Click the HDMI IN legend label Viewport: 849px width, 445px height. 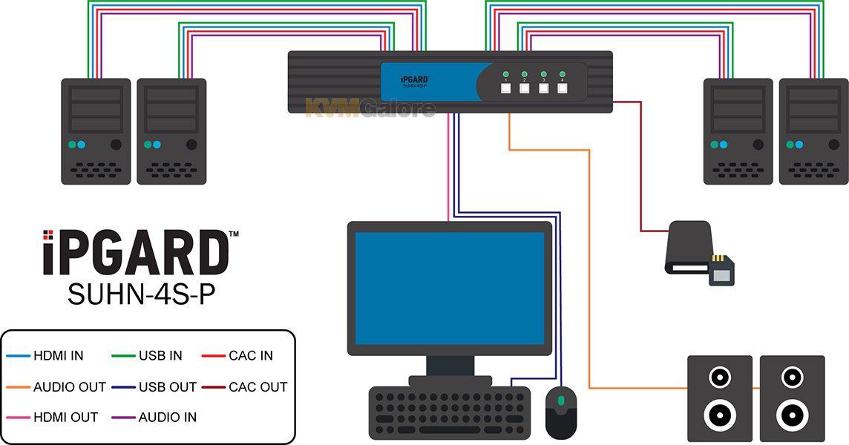click(59, 356)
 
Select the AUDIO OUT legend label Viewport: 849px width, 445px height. click(69, 387)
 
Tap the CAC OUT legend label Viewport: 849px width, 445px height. click(258, 387)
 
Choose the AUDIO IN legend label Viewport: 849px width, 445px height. click(167, 418)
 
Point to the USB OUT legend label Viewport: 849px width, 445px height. click(167, 387)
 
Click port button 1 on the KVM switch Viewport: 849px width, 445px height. click(505, 88)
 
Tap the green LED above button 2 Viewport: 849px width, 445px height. click(525, 74)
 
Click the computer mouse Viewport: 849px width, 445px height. click(561, 413)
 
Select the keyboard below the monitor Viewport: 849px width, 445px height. click(450, 413)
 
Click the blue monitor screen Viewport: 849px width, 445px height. click(450, 289)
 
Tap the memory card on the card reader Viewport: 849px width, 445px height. click(722, 270)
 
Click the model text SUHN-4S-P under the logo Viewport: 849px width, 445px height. click(141, 294)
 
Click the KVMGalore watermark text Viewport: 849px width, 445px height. click(370, 108)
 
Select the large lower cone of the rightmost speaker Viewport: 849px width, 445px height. click(792, 415)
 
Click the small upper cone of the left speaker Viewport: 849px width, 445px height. click(720, 378)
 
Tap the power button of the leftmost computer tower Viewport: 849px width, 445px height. click(116, 145)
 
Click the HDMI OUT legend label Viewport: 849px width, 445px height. click(65, 418)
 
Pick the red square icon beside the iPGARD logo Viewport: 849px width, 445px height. click(48, 235)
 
